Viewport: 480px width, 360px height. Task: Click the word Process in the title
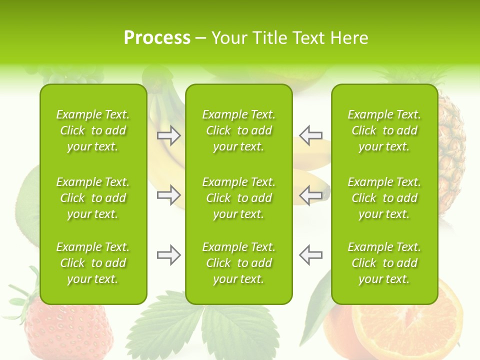pyautogui.click(x=157, y=38)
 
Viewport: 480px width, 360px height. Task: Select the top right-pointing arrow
pyautogui.click(x=168, y=135)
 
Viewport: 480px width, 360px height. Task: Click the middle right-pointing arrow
pyautogui.click(x=168, y=195)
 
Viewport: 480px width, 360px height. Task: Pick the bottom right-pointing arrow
pyautogui.click(x=168, y=255)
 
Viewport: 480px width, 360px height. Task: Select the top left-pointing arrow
pyautogui.click(x=310, y=135)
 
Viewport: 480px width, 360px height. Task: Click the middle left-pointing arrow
pyautogui.click(x=310, y=195)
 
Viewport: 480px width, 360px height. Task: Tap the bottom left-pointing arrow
pyautogui.click(x=310, y=255)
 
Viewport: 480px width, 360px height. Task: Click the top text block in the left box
pyautogui.click(x=93, y=130)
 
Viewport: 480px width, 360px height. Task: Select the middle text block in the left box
pyautogui.click(x=93, y=198)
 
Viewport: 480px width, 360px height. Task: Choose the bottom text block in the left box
pyautogui.click(x=93, y=263)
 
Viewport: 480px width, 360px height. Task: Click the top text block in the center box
pyautogui.click(x=238, y=130)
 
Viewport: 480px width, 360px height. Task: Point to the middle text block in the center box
pyautogui.click(x=238, y=198)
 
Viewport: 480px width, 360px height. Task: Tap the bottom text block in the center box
pyautogui.click(x=238, y=263)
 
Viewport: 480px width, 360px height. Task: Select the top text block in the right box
pyautogui.click(x=384, y=130)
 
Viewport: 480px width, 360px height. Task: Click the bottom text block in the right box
pyautogui.click(x=384, y=263)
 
